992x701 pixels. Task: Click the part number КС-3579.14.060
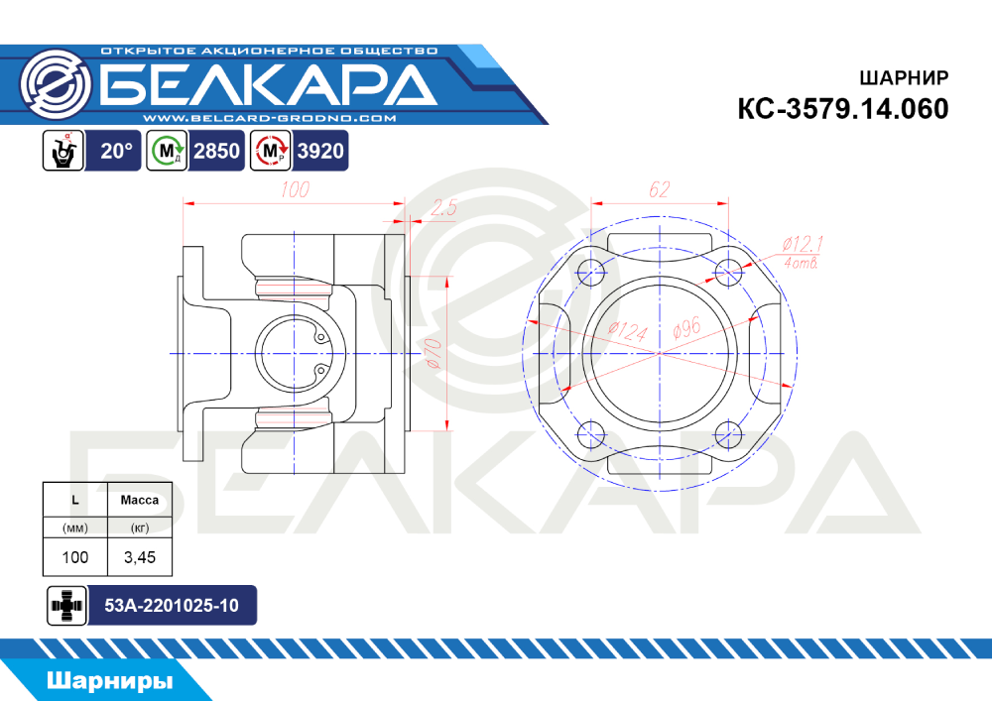pos(842,109)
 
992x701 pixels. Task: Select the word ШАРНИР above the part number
pos(904,77)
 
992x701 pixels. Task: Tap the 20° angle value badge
pos(116,151)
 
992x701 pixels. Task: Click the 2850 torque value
pos(216,151)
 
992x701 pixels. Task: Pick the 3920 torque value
pos(320,151)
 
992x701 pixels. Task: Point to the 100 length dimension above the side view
pos(295,189)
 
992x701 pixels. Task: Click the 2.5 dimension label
pos(442,207)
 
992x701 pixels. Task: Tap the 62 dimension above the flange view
pos(659,189)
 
